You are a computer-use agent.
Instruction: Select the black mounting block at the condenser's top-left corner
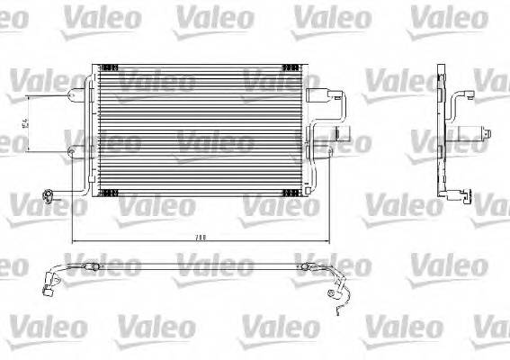[x=109, y=67]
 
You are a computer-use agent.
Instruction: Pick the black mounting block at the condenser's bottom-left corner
[x=109, y=192]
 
